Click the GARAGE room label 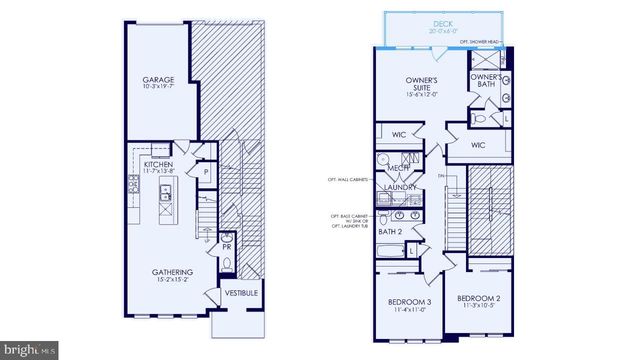[158, 79]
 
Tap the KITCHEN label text [158, 163]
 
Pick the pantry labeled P [204, 172]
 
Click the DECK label [442, 22]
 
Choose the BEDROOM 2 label [477, 298]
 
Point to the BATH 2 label [389, 232]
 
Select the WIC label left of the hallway [398, 134]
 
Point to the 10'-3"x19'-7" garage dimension [158, 86]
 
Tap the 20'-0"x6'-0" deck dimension [442, 30]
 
